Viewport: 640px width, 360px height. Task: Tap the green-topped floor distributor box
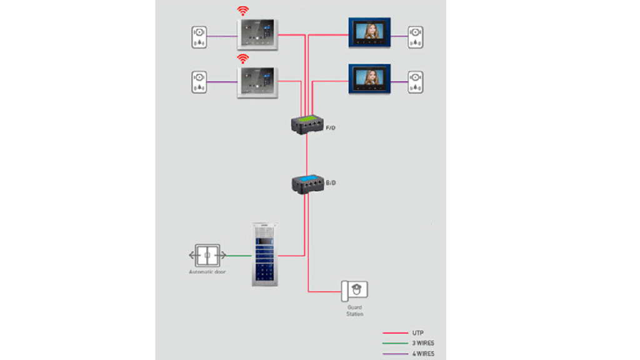click(x=306, y=123)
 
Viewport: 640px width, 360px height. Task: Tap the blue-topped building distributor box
click(x=306, y=182)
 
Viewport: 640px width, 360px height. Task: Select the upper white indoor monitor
click(x=257, y=34)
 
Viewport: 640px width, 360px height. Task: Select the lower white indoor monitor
click(x=257, y=82)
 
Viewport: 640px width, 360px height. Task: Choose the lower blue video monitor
click(x=369, y=79)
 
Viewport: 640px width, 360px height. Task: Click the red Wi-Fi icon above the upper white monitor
click(x=242, y=11)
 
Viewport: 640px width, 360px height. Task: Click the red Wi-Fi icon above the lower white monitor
click(x=242, y=59)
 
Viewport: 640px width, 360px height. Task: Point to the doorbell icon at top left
click(x=199, y=36)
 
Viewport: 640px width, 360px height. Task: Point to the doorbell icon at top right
click(x=416, y=36)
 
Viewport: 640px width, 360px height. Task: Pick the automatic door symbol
click(x=207, y=255)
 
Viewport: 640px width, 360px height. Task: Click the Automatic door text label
click(x=207, y=272)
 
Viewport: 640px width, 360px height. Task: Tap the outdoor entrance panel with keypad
click(x=265, y=254)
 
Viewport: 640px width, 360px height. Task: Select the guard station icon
click(x=354, y=290)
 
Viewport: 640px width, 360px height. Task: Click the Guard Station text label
click(x=354, y=310)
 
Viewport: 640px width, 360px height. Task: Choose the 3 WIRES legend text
click(x=423, y=343)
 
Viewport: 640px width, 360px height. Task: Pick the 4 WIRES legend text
click(x=423, y=354)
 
